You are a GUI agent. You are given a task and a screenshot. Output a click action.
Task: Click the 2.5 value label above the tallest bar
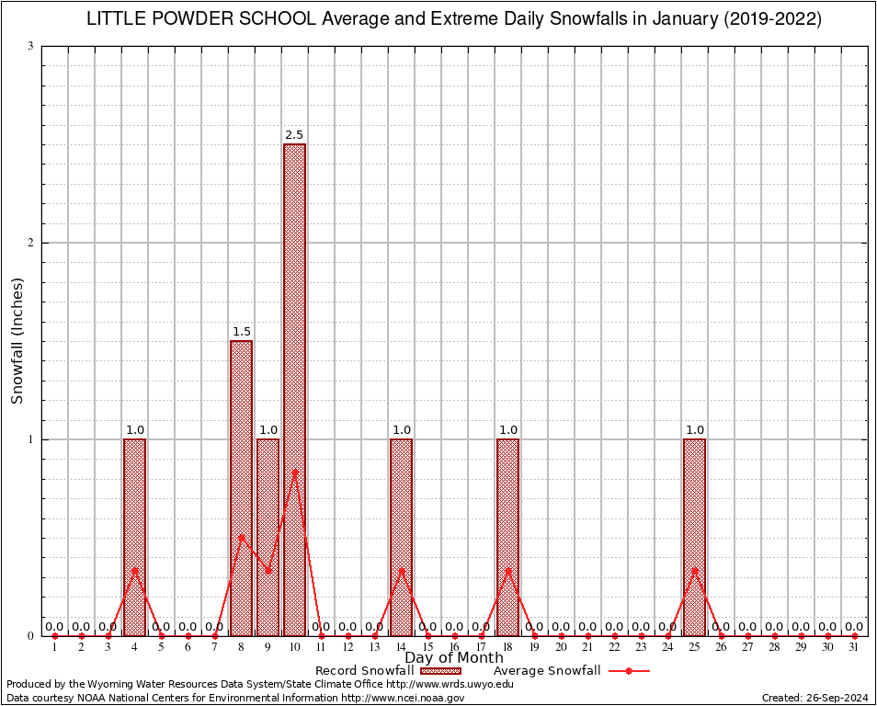pyautogui.click(x=294, y=135)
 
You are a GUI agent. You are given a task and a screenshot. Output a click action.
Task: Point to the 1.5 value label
pyautogui.click(x=241, y=332)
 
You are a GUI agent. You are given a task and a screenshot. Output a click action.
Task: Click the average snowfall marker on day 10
pyautogui.click(x=294, y=473)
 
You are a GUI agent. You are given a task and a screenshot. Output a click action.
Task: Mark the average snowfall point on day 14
pyautogui.click(x=401, y=570)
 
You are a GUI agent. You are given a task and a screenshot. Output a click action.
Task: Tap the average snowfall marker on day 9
pyautogui.click(x=268, y=570)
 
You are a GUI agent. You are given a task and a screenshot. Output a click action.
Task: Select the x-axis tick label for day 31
pyautogui.click(x=854, y=647)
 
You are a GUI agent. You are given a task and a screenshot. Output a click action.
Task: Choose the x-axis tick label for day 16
pyautogui.click(x=454, y=647)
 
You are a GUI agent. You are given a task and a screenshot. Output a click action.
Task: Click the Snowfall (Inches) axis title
pyautogui.click(x=17, y=340)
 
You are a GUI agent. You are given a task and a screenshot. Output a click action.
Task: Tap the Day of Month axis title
pyautogui.click(x=454, y=658)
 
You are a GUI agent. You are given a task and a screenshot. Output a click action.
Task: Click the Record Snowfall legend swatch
pyautogui.click(x=440, y=671)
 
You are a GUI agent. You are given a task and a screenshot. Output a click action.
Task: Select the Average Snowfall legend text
pyautogui.click(x=547, y=671)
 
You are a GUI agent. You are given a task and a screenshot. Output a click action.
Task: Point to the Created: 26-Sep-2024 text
pyautogui.click(x=814, y=699)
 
